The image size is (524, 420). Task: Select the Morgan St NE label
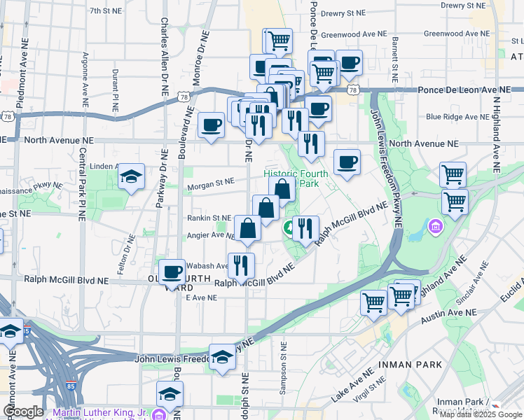210,182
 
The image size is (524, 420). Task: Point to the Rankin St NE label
209,218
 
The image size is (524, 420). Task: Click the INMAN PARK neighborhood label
410,365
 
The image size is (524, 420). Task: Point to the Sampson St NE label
283,368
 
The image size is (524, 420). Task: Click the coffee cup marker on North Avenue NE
211,125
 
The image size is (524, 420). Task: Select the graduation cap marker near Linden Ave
130,176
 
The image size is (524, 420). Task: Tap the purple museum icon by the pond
435,226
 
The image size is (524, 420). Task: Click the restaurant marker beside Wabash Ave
241,265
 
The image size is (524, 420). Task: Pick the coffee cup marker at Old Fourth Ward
172,272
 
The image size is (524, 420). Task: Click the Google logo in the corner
22,412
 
